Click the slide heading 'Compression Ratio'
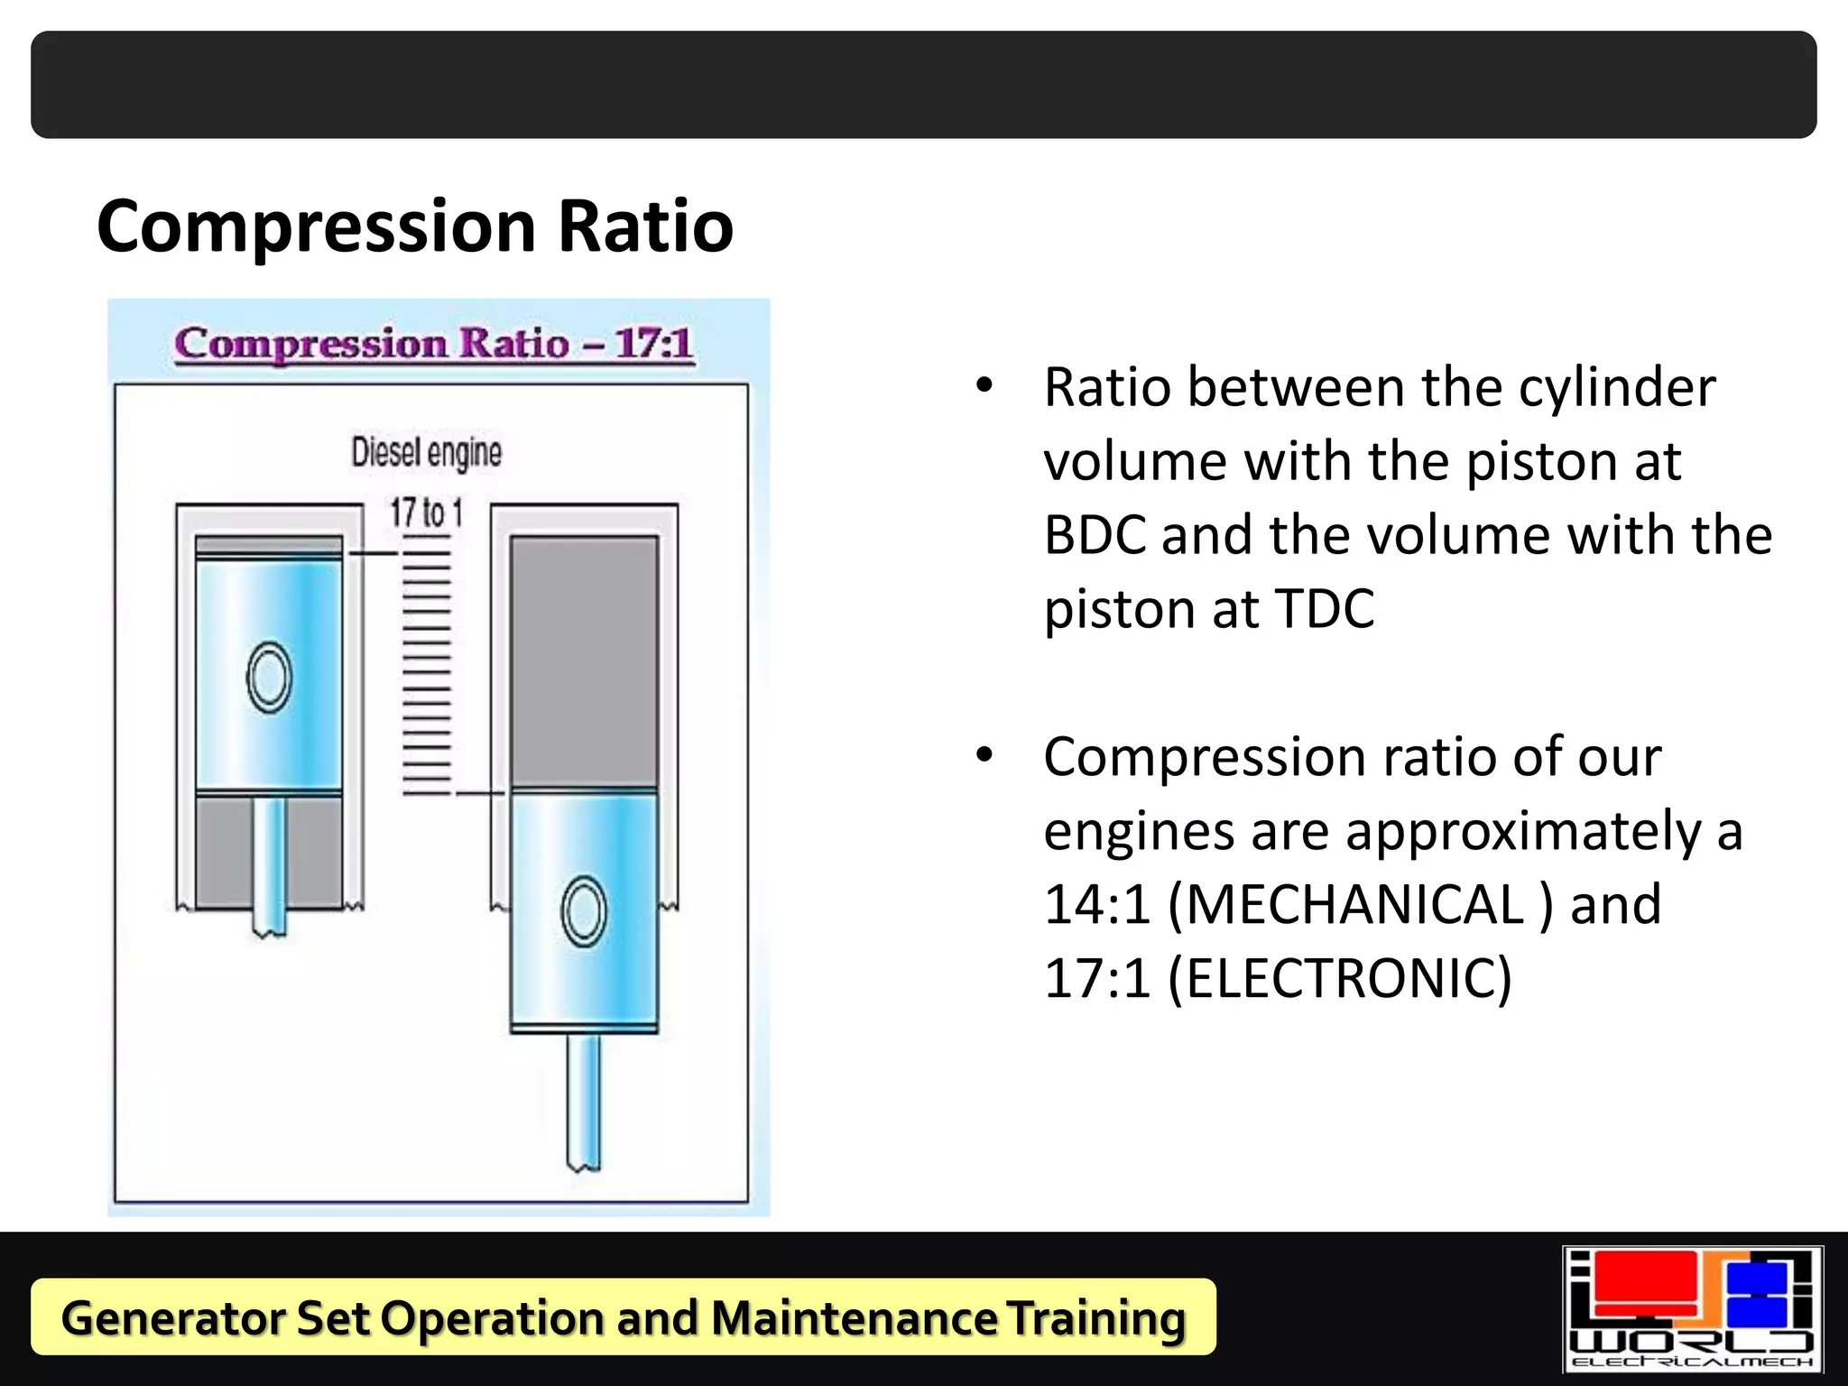tap(415, 226)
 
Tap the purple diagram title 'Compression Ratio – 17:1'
tap(434, 344)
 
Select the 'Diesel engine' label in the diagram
tap(426, 452)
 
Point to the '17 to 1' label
tap(426, 513)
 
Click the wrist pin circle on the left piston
tap(269, 677)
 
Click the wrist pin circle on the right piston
tap(584, 911)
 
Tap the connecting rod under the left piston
tap(269, 866)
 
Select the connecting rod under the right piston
tap(584, 1101)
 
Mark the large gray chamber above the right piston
tap(584, 663)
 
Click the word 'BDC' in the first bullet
tap(1095, 535)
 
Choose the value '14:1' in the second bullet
tap(1097, 904)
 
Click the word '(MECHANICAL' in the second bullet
tap(1345, 904)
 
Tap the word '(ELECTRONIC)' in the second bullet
tap(1339, 978)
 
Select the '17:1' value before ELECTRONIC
tap(1097, 978)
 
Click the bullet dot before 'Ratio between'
tap(984, 386)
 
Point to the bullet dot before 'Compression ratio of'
tap(984, 755)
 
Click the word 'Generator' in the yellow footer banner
tap(171, 1317)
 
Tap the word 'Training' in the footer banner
tap(1095, 1317)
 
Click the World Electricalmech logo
tap(1693, 1309)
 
